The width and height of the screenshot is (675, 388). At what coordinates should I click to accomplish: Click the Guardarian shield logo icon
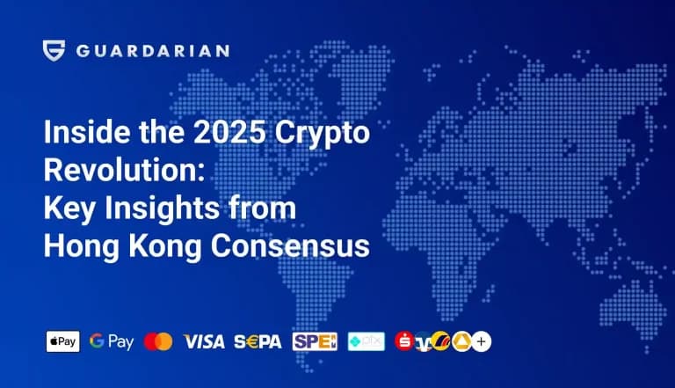[x=54, y=50]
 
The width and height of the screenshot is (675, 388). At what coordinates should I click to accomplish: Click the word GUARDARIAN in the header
[x=152, y=50]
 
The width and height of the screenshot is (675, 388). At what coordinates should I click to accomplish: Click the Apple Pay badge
[x=62, y=341]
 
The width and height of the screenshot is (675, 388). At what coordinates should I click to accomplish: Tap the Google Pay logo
[x=112, y=341]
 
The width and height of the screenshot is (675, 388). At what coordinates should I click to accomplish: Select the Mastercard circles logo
[x=158, y=341]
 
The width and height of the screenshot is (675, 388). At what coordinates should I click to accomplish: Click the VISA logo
[x=203, y=341]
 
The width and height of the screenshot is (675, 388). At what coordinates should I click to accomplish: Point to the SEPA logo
[x=258, y=341]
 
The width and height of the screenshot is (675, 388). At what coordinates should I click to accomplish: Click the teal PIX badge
[x=366, y=341]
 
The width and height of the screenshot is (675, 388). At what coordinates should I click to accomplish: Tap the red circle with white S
[x=405, y=341]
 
